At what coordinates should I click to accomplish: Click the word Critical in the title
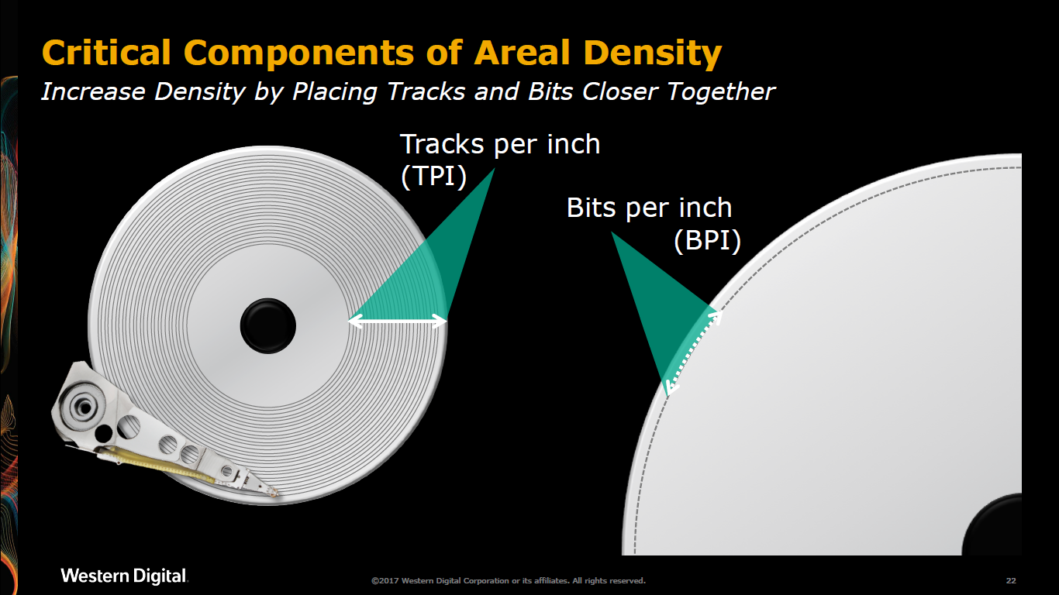(x=106, y=52)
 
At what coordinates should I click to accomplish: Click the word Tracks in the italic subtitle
(x=426, y=91)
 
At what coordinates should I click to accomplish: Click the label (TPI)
(x=433, y=177)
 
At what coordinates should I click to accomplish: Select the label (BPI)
(x=707, y=240)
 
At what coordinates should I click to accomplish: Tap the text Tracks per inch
(x=500, y=144)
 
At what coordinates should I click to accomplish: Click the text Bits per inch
(x=649, y=208)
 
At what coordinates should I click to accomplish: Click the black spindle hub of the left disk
(x=268, y=325)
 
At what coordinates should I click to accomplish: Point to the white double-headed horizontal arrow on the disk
(x=398, y=322)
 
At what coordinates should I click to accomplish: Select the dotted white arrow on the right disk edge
(x=693, y=353)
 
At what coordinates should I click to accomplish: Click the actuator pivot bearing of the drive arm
(x=85, y=407)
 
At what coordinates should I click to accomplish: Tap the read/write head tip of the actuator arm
(x=272, y=493)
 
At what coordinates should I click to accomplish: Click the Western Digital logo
(x=124, y=576)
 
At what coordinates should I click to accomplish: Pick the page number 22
(x=1011, y=581)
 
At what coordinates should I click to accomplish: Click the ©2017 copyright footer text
(x=509, y=581)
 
